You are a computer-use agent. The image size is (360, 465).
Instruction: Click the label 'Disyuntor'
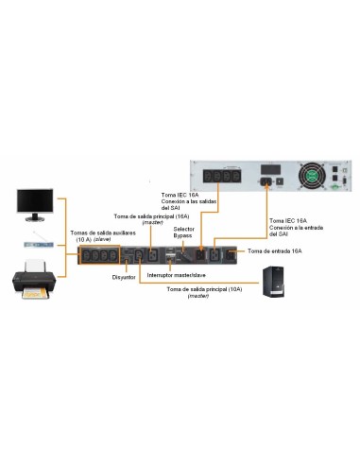(x=126, y=278)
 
